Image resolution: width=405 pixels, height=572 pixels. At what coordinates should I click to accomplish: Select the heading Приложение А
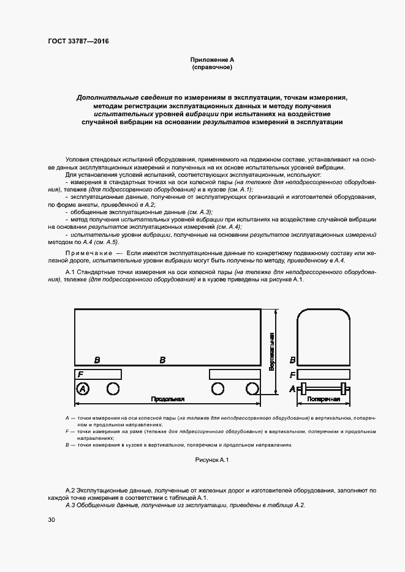211,59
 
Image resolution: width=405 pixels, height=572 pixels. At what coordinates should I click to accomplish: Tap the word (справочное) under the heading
211,67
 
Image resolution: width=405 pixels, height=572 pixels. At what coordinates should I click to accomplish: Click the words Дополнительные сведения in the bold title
124,97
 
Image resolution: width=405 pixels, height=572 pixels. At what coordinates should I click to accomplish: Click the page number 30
51,520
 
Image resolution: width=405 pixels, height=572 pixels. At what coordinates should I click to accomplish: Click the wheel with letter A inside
82,388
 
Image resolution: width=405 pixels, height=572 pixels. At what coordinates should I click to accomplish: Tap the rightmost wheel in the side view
251,388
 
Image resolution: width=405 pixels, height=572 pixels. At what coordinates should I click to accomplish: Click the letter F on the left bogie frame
80,374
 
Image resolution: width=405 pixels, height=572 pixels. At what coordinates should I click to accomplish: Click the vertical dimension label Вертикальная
271,352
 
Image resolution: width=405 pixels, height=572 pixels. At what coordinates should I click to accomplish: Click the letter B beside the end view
293,360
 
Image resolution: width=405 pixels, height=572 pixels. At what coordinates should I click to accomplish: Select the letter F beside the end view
293,374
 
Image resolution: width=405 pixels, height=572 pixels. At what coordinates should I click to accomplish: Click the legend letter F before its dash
67,431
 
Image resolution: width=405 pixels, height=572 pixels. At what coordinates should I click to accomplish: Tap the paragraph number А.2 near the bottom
70,491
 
